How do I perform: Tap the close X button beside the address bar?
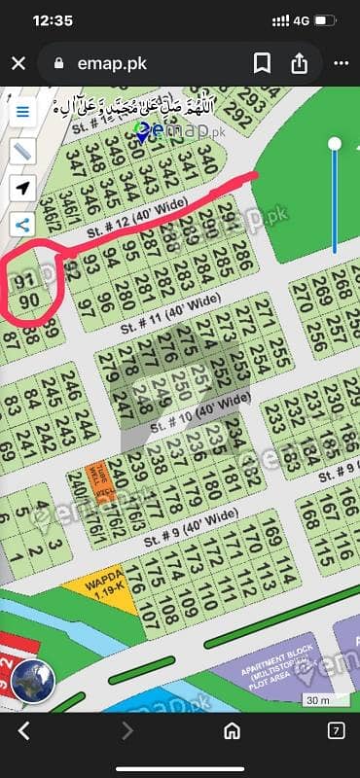[x=18, y=64]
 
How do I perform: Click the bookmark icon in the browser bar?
[x=262, y=64]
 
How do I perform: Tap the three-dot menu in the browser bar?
[x=341, y=64]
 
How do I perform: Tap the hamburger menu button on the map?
[x=21, y=110]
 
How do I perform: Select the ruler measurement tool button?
[x=21, y=151]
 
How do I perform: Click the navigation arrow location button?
[x=21, y=188]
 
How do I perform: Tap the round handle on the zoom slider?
[x=335, y=145]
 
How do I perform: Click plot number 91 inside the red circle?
[x=27, y=281]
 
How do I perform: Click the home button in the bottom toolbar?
[x=233, y=730]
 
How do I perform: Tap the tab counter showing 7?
[x=335, y=730]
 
